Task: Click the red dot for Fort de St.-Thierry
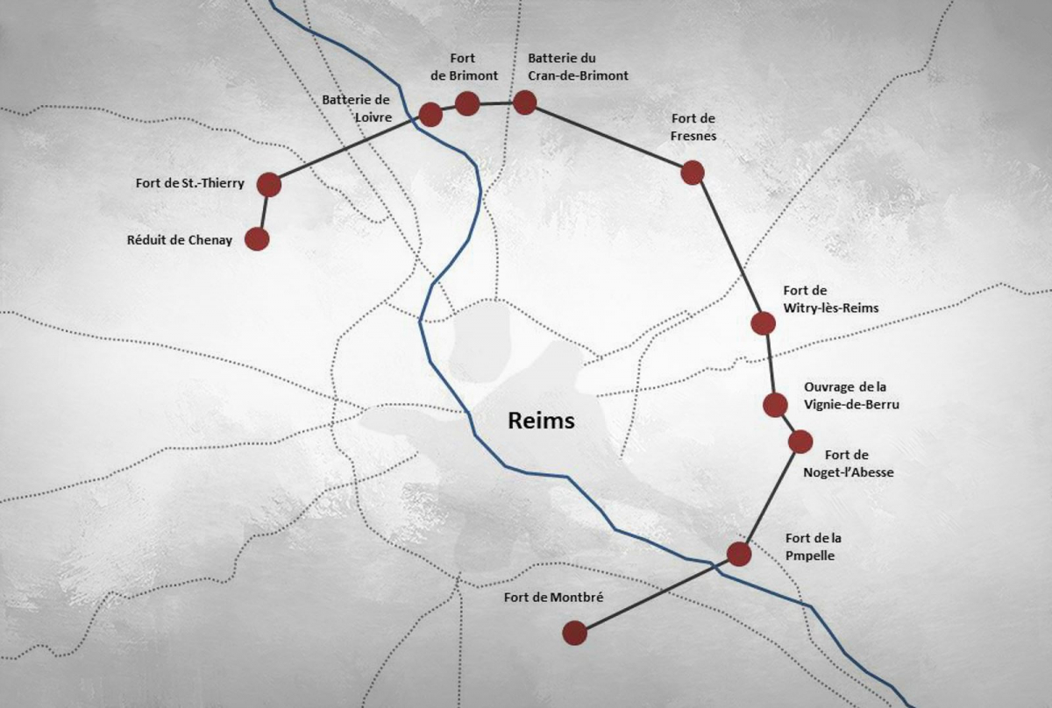tap(268, 184)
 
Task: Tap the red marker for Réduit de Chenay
tap(256, 238)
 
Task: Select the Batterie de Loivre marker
tap(430, 114)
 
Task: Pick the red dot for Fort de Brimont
tap(466, 104)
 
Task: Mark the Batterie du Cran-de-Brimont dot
tap(524, 103)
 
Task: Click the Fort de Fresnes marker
tap(693, 173)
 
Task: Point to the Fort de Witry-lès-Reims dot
tap(763, 323)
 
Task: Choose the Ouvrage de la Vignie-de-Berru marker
tap(774, 405)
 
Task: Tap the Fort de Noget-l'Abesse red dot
tap(800, 442)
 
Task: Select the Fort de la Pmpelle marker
tap(739, 554)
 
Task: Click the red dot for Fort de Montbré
tap(574, 633)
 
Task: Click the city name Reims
tap(541, 421)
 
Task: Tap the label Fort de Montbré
tap(555, 598)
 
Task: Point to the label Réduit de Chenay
tap(180, 239)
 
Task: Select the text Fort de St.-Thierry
tap(189, 184)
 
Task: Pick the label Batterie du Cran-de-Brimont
tap(578, 67)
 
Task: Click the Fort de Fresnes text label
tap(693, 127)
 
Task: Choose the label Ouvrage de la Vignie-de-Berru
tap(851, 396)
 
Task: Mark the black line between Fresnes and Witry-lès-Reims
tap(729, 249)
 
